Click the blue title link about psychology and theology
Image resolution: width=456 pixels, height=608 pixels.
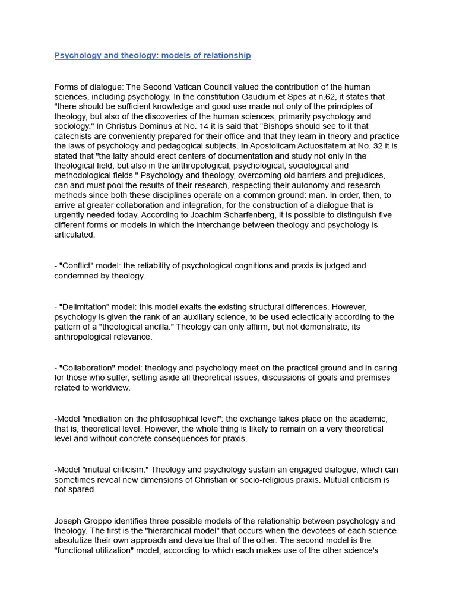tap(153, 56)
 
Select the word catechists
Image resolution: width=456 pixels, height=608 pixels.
tap(73, 136)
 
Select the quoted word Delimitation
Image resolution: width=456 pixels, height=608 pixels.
tap(85, 308)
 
